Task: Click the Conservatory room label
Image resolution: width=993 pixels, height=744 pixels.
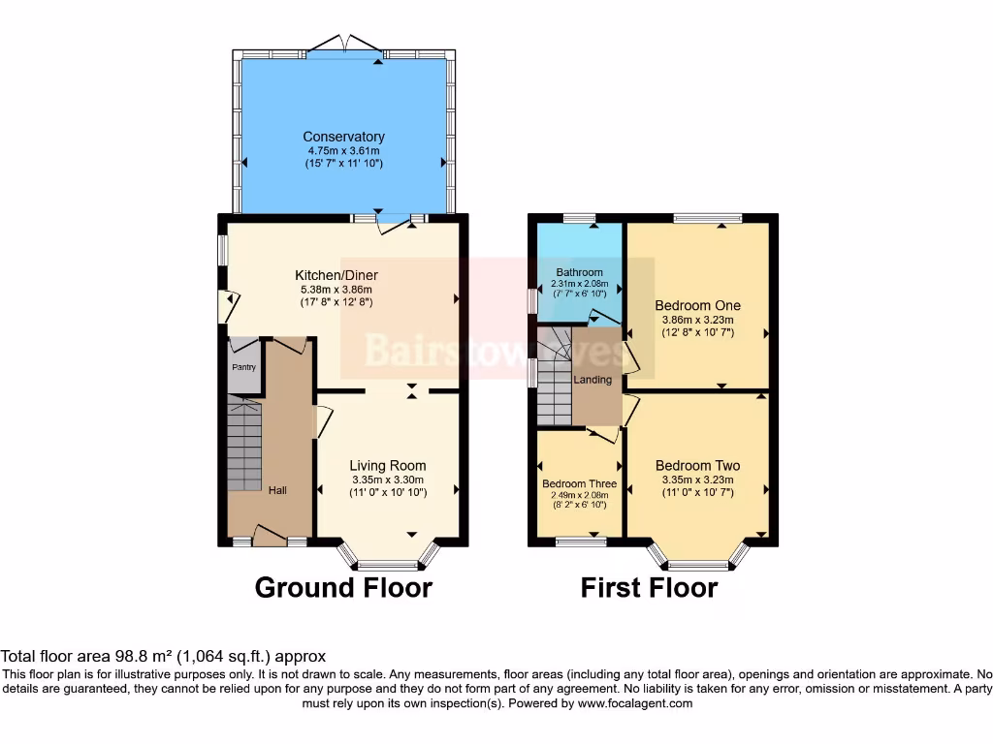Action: click(343, 137)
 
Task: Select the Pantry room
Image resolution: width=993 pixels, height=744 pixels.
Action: click(243, 368)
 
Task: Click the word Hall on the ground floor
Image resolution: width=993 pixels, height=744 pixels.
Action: click(277, 490)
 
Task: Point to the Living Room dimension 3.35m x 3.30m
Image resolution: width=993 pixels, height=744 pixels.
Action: click(387, 480)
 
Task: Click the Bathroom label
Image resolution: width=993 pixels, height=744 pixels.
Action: click(579, 272)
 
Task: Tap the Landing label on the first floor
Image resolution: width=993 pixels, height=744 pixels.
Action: click(593, 380)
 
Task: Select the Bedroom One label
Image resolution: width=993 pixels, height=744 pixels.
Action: click(697, 305)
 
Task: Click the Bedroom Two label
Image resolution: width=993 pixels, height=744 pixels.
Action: click(697, 465)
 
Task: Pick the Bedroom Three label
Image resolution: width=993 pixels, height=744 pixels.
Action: click(579, 483)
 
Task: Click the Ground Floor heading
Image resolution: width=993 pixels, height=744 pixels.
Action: click(343, 587)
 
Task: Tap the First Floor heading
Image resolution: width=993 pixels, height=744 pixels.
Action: click(649, 587)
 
